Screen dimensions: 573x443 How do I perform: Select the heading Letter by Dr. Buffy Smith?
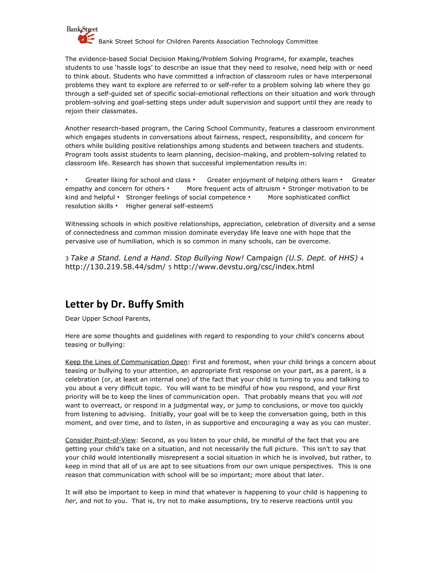pos(124,304)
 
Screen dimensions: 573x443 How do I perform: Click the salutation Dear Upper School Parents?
pos(108,319)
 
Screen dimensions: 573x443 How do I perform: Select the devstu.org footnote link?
pos(244,267)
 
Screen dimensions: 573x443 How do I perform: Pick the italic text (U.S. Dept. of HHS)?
pos(321,258)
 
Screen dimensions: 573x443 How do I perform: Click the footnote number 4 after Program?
pos(282,59)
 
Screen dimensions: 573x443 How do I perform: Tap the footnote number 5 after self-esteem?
pos(212,206)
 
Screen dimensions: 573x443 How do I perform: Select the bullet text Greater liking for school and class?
pos(138,180)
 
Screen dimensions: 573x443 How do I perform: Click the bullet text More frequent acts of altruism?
pos(233,189)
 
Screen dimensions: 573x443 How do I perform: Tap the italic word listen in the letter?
pos(173,423)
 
